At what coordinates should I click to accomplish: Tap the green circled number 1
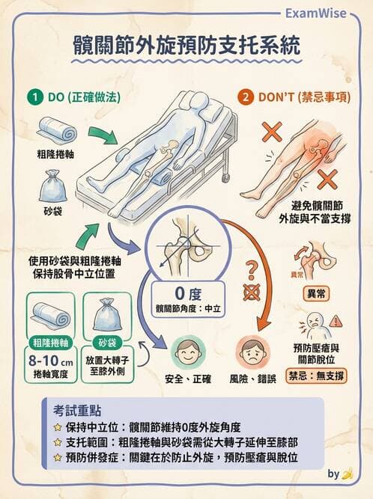pos(34,97)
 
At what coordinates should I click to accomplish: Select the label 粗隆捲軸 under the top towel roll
pos(55,153)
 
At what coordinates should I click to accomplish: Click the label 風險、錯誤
pos(254,379)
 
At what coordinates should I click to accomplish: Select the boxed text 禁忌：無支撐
pos(316,375)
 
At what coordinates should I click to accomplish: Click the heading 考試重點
pos(78,411)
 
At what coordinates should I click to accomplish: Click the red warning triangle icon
pos(336,321)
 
